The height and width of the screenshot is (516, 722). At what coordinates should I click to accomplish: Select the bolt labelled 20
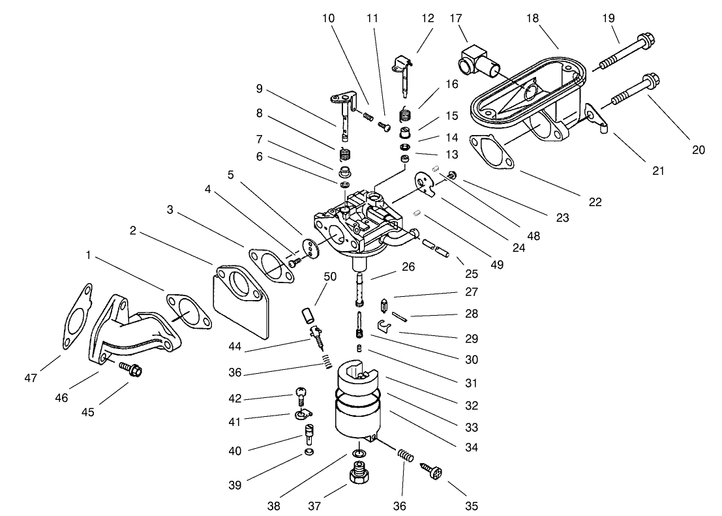(x=633, y=91)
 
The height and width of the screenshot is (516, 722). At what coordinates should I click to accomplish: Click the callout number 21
(x=658, y=171)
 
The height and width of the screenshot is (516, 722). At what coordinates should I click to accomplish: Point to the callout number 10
(x=328, y=18)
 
